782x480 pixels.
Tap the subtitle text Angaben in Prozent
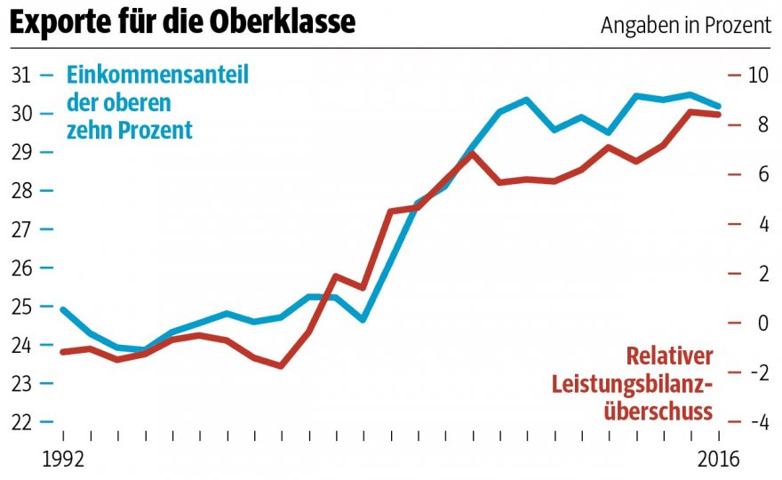(x=686, y=26)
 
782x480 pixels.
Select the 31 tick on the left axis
(x=21, y=75)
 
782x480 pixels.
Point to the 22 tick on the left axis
(x=21, y=421)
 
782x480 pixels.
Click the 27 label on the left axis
(x=21, y=229)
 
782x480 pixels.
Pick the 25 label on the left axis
(x=21, y=307)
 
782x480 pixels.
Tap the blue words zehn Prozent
(x=130, y=130)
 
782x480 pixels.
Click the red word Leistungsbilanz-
(x=633, y=384)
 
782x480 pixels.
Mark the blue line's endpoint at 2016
(x=719, y=105)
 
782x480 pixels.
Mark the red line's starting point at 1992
(x=63, y=352)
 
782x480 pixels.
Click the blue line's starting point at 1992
(x=63, y=309)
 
